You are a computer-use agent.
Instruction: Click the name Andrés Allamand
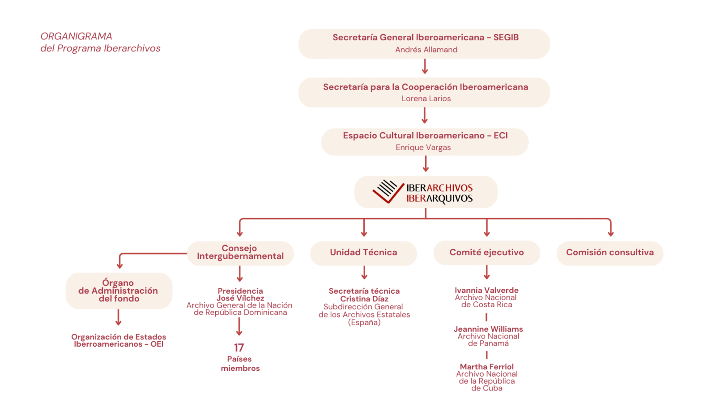426,50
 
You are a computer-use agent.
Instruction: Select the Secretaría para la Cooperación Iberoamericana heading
426,87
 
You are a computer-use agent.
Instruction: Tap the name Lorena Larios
426,99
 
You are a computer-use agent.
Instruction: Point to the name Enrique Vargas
423,147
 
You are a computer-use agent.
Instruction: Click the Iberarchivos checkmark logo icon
388,192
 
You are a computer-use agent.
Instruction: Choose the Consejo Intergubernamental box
240,253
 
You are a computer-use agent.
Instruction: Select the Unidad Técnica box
363,253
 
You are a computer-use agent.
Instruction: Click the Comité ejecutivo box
486,253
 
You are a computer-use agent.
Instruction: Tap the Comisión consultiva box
609,253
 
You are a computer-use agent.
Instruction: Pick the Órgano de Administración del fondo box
119,291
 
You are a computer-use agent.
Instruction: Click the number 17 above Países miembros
239,347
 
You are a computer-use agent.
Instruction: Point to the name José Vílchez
240,298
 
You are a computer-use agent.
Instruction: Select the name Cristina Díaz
364,299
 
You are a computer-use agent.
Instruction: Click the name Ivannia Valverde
486,290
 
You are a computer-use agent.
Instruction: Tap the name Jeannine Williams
488,329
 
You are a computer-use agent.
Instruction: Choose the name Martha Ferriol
487,367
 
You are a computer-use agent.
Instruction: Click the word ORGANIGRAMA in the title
76,36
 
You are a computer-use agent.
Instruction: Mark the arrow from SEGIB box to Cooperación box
425,67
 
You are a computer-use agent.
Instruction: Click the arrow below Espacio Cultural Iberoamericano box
426,164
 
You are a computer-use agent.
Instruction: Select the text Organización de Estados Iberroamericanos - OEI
119,340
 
